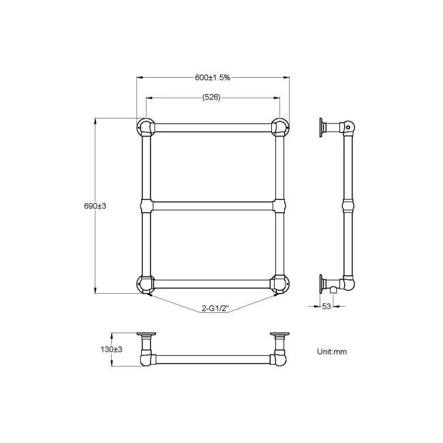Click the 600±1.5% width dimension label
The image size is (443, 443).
[213, 78]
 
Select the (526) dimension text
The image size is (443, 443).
[211, 97]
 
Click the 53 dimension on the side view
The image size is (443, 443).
[326, 307]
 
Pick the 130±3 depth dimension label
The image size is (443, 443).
[111, 349]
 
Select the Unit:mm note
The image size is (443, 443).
[332, 352]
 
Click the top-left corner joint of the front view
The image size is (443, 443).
[146, 127]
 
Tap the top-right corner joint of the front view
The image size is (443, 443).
[279, 127]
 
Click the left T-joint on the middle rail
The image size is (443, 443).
[146, 207]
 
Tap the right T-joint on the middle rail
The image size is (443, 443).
[279, 207]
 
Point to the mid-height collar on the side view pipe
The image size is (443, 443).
[348, 205]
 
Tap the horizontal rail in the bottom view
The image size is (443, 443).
[213, 358]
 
